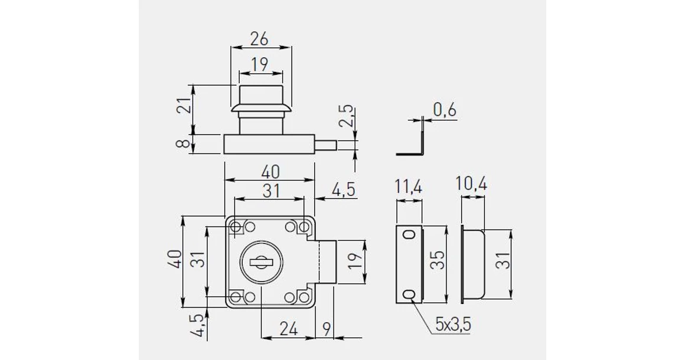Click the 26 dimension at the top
(259, 39)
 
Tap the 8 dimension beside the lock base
(185, 143)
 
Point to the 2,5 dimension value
(346, 116)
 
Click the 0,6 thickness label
(445, 110)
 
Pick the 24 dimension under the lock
(288, 329)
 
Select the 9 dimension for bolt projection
(327, 329)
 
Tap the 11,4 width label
(409, 186)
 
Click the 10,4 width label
(471, 184)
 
